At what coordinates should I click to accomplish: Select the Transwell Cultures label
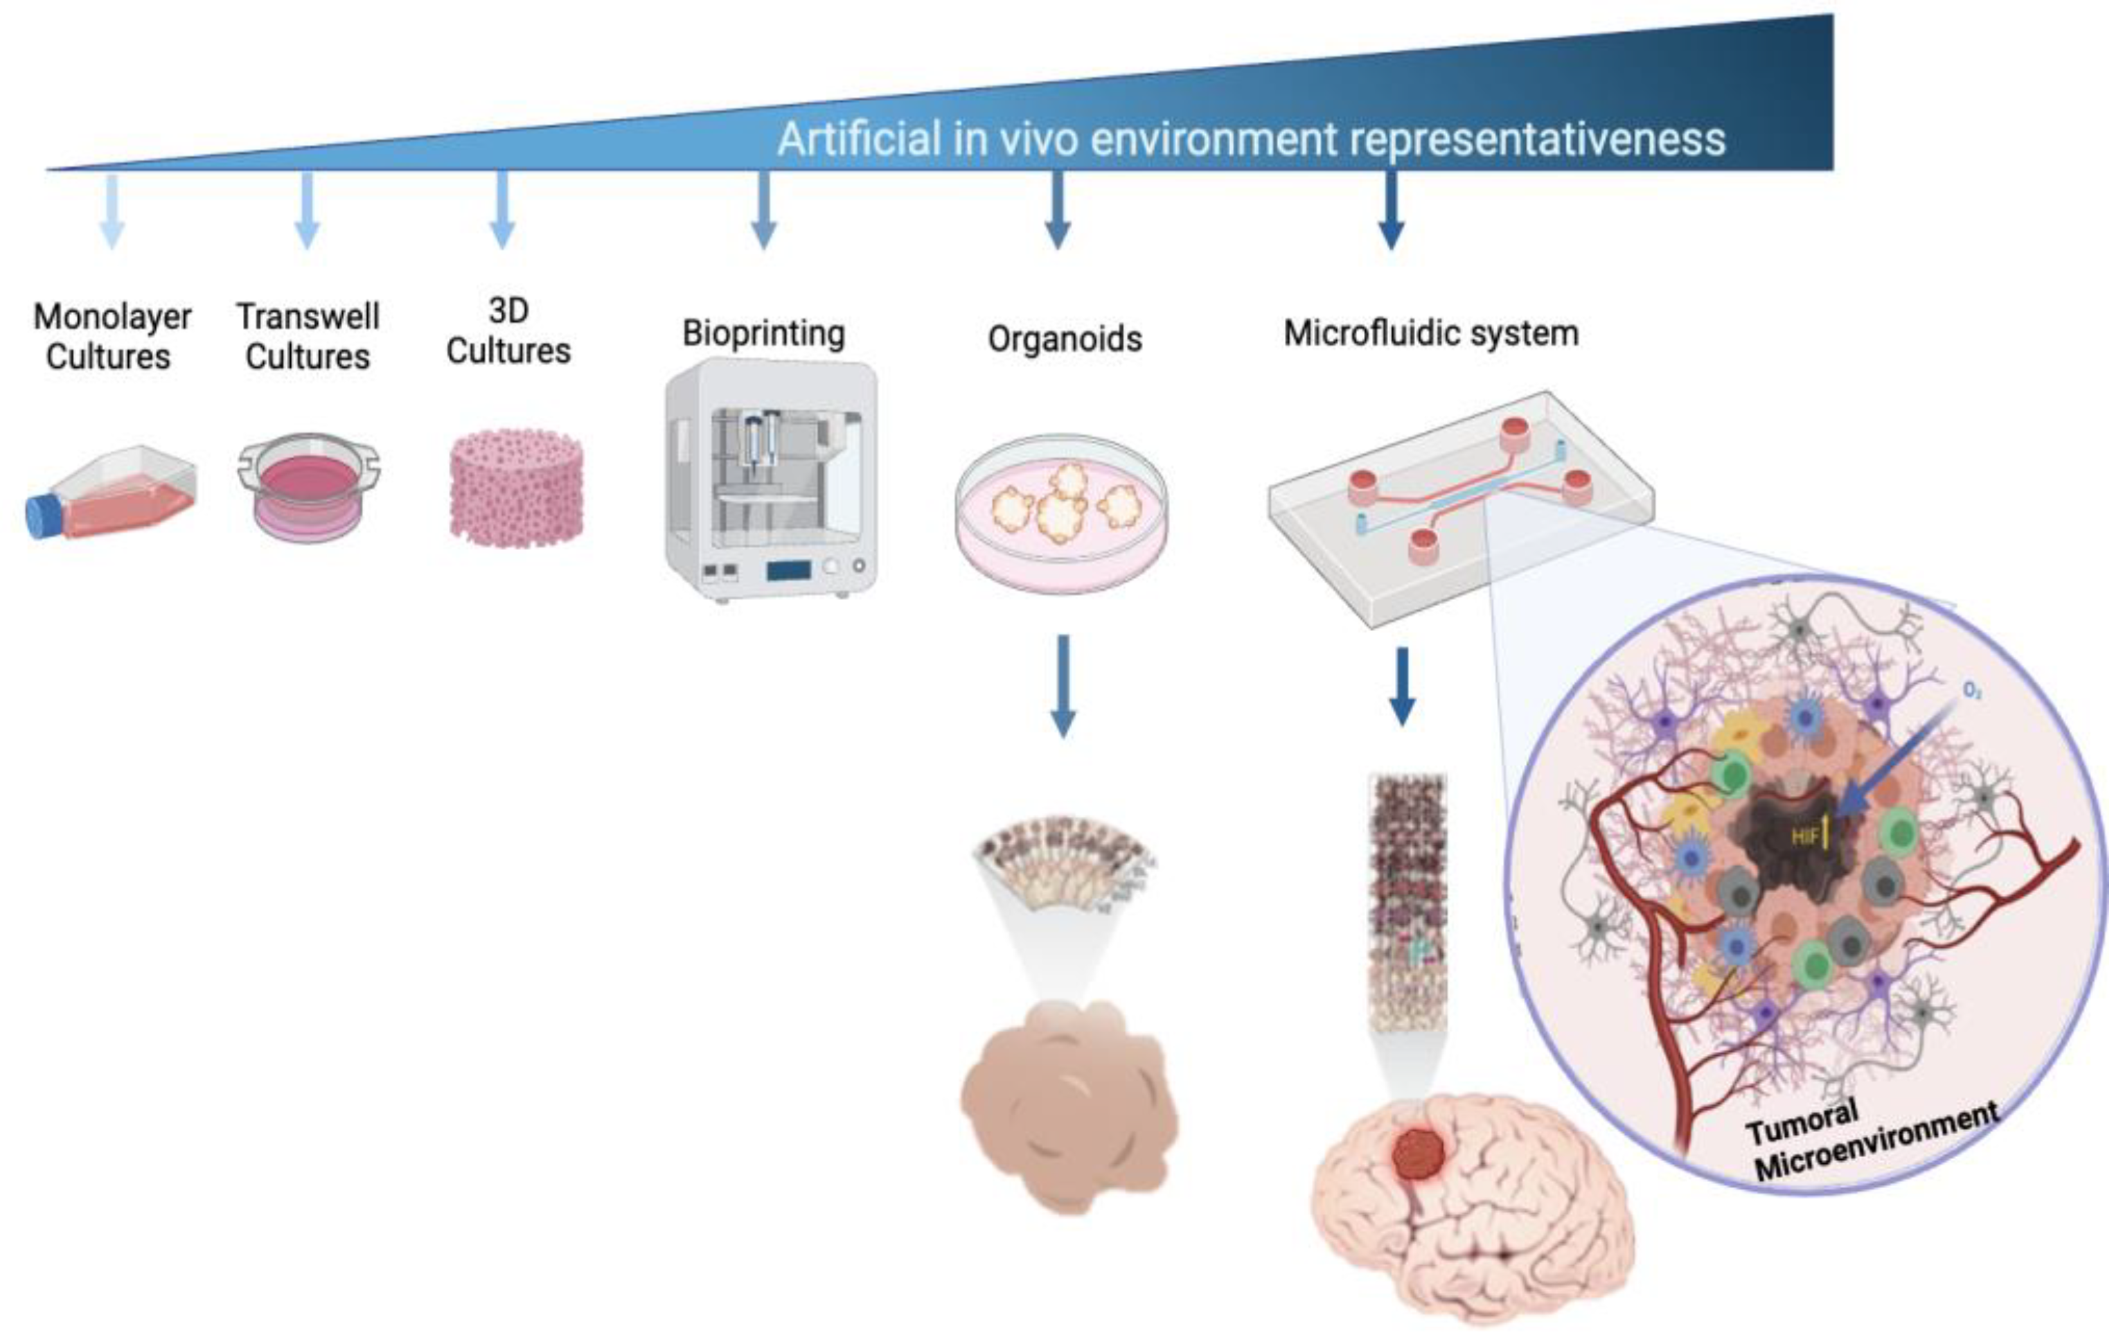pyautogui.click(x=308, y=336)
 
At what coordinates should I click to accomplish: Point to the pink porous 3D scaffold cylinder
pyautogui.click(x=516, y=487)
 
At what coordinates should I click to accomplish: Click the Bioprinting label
pyautogui.click(x=763, y=333)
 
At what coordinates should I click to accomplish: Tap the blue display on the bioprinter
pyautogui.click(x=788, y=570)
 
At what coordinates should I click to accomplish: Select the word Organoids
pyautogui.click(x=1064, y=339)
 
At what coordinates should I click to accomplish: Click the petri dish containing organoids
pyautogui.click(x=1061, y=511)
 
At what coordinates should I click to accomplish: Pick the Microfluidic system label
pyautogui.click(x=1430, y=333)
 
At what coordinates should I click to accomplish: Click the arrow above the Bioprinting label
pyautogui.click(x=763, y=210)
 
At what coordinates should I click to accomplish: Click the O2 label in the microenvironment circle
pyautogui.click(x=1972, y=690)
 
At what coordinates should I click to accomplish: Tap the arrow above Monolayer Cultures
pyautogui.click(x=112, y=210)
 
